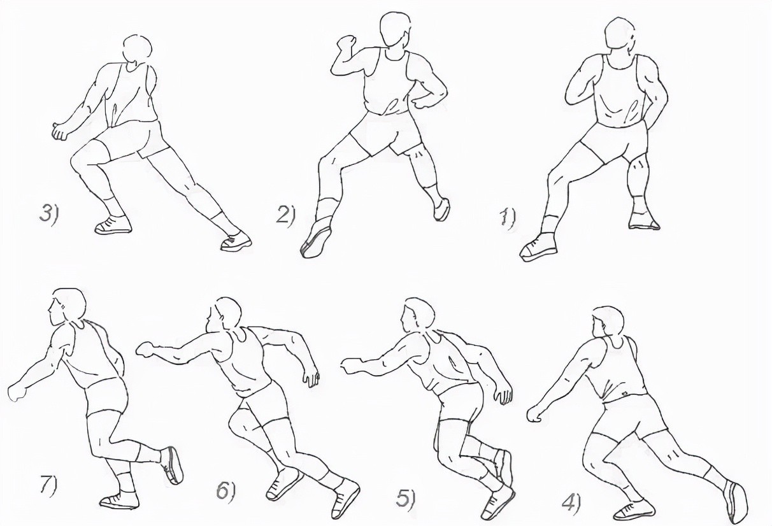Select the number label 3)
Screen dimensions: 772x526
pyautogui.click(x=49, y=214)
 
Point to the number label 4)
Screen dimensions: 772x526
pyautogui.click(x=571, y=503)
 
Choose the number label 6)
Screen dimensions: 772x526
pyautogui.click(x=225, y=490)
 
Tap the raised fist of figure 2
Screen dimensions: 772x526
pyautogui.click(x=346, y=44)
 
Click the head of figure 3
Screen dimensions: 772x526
pyautogui.click(x=138, y=50)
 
